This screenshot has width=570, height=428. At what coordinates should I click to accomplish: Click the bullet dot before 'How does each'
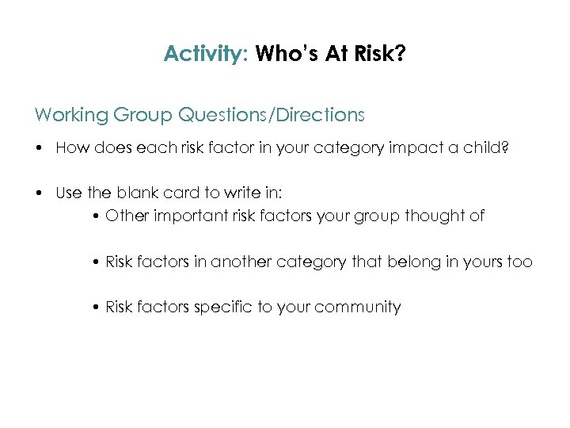[x=39, y=149]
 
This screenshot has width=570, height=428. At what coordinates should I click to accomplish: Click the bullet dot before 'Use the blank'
[x=39, y=193]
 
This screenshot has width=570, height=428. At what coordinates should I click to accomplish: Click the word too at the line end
[x=519, y=262]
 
